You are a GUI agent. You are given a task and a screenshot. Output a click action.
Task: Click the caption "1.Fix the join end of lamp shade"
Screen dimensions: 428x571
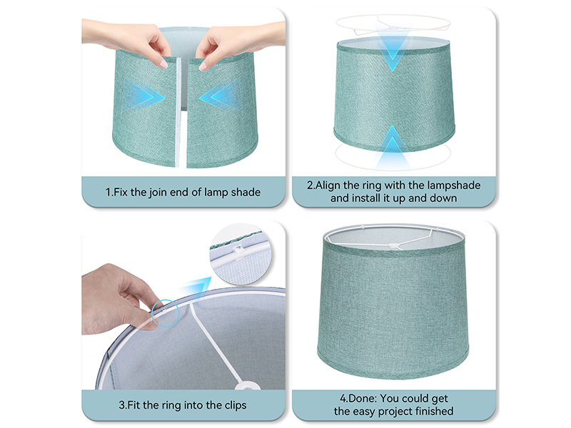tap(183, 192)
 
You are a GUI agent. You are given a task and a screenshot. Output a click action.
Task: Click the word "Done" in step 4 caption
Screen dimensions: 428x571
tap(360, 399)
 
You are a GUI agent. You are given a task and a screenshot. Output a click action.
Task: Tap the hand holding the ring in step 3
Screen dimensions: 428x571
tap(118, 296)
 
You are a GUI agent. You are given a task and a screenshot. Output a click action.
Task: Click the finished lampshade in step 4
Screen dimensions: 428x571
tap(394, 307)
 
